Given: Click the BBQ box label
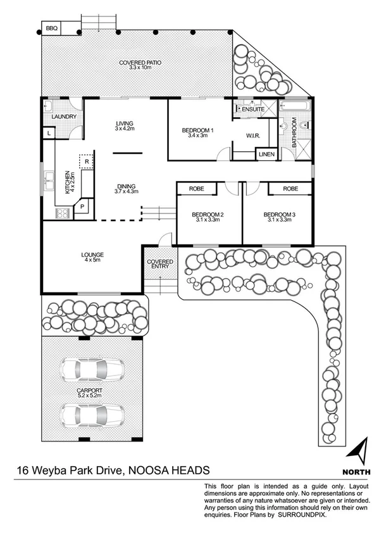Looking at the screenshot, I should pos(51,28).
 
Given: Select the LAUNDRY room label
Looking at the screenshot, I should pos(64,117).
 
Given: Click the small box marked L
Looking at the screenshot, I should pos(49,133).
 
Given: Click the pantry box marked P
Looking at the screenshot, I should pos(82,208).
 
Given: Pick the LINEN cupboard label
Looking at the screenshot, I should pos(265,155).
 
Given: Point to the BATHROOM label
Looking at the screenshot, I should pos(294,135).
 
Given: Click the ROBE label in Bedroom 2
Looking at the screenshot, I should pos(196,188).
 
